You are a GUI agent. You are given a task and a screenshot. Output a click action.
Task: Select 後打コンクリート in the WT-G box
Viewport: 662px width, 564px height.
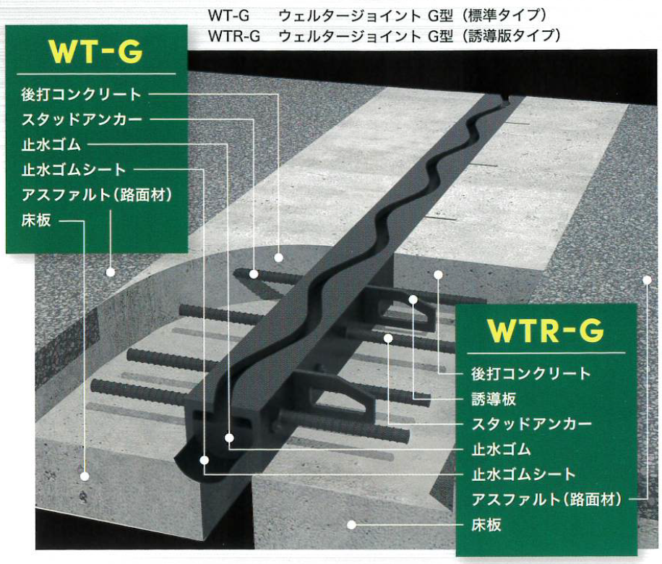pos(82,94)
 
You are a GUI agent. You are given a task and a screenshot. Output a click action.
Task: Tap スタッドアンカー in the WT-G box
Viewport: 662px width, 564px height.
pos(82,119)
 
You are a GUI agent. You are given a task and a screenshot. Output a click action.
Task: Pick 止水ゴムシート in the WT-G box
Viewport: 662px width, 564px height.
pos(74,170)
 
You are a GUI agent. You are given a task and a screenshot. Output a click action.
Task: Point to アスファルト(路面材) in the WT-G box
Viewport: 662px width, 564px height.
pos(96,195)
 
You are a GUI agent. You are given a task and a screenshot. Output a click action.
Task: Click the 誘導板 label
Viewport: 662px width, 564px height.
pos(494,398)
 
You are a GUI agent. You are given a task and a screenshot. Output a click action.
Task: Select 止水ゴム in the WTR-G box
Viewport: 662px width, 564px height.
pos(501,449)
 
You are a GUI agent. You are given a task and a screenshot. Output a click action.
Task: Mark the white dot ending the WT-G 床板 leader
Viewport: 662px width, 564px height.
pos(85,477)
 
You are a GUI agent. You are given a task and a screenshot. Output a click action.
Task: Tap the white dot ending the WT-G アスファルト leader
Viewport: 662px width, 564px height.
pos(110,273)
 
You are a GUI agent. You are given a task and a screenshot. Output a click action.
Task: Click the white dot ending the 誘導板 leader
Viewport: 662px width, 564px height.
pos(413,299)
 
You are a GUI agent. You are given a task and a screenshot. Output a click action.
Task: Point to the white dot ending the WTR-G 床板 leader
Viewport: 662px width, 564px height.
pos(351,525)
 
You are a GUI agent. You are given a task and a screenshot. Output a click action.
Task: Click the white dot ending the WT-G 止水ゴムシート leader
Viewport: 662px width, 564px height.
pos(205,459)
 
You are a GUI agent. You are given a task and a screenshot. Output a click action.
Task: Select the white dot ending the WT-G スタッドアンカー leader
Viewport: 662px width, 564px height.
pos(254,273)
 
